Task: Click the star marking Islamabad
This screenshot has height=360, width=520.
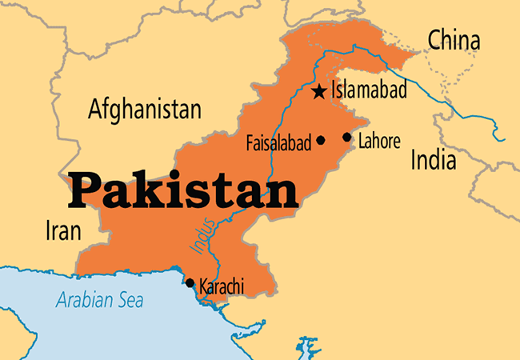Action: (319, 91)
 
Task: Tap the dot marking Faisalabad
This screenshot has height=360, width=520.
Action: (321, 140)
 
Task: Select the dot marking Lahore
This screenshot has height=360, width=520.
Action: (347, 137)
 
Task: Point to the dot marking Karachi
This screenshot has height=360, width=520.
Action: (190, 282)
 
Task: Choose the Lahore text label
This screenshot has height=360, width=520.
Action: (378, 142)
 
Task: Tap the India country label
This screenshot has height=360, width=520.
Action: (433, 160)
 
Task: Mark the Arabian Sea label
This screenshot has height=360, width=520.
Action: (99, 302)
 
